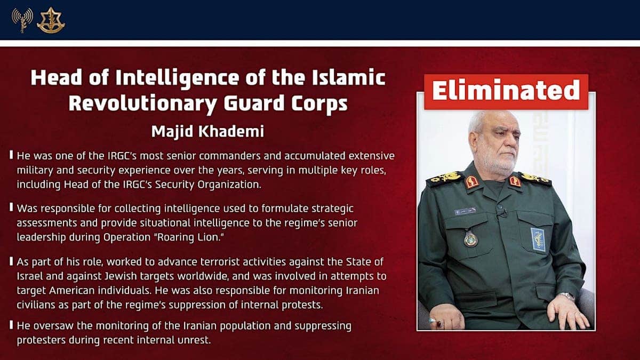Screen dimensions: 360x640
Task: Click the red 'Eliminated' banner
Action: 506,91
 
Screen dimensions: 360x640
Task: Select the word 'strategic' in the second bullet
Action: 331,209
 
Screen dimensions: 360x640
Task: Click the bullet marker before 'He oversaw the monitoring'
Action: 12,325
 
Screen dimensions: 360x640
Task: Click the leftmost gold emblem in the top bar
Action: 21,20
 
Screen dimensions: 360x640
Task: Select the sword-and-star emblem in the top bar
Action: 51,20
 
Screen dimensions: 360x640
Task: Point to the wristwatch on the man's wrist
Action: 567,296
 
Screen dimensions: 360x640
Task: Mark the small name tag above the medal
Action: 465,211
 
